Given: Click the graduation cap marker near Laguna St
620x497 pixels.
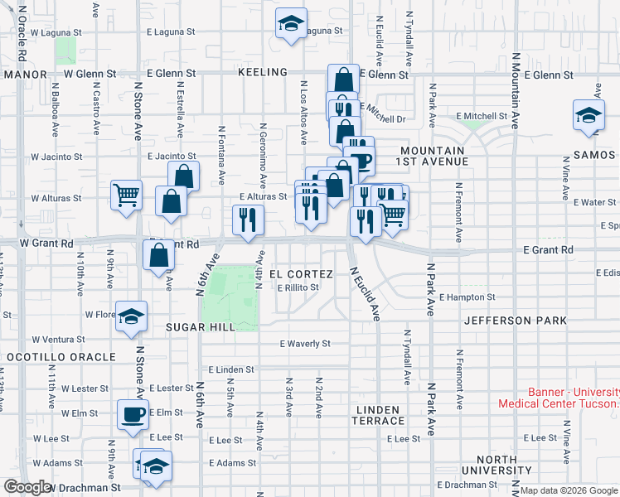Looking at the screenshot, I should tap(291, 24).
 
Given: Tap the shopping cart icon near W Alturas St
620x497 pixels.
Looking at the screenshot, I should tap(126, 196).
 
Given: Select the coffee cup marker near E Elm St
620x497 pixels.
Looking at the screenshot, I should tap(132, 415).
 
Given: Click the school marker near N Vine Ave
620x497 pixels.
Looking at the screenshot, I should tap(589, 115).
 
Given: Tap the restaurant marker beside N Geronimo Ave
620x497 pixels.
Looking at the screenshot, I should tap(248, 220).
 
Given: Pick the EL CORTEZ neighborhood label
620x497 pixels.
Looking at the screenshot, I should tap(301, 274).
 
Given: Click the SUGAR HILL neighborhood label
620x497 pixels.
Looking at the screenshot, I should tap(200, 327).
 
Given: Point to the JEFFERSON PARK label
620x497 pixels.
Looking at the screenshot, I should tap(515, 321).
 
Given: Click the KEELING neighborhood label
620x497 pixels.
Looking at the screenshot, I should tap(262, 73).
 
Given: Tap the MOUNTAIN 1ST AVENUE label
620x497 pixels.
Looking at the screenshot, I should tap(433, 156).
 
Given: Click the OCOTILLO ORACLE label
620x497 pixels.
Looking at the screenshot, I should tap(61, 357).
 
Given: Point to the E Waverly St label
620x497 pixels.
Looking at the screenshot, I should tap(305, 343).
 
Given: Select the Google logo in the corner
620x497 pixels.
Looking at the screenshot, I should tap(27, 487).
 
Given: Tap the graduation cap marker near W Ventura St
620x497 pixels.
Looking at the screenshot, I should tap(131, 318).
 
